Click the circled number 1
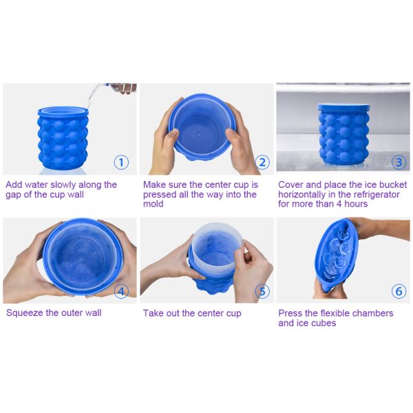[x=121, y=162]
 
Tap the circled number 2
[x=262, y=162]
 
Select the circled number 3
[x=399, y=162]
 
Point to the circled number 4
[x=121, y=290]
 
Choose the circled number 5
[x=262, y=290]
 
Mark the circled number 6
[x=399, y=290]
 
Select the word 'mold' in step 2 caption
[x=153, y=204]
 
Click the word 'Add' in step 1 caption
[x=14, y=185]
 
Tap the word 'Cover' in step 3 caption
[x=292, y=185]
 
